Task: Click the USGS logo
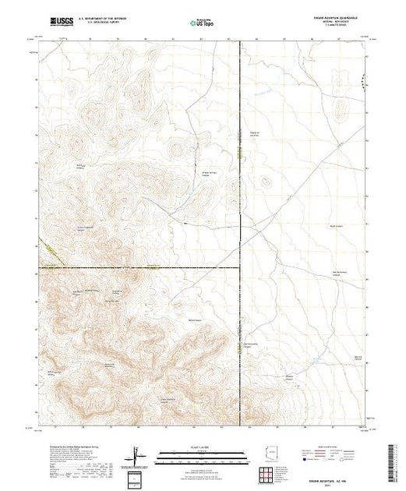[x=60, y=23]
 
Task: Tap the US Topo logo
[x=203, y=23]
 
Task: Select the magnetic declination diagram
[x=136, y=455]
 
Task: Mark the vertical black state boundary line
[x=239, y=156]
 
